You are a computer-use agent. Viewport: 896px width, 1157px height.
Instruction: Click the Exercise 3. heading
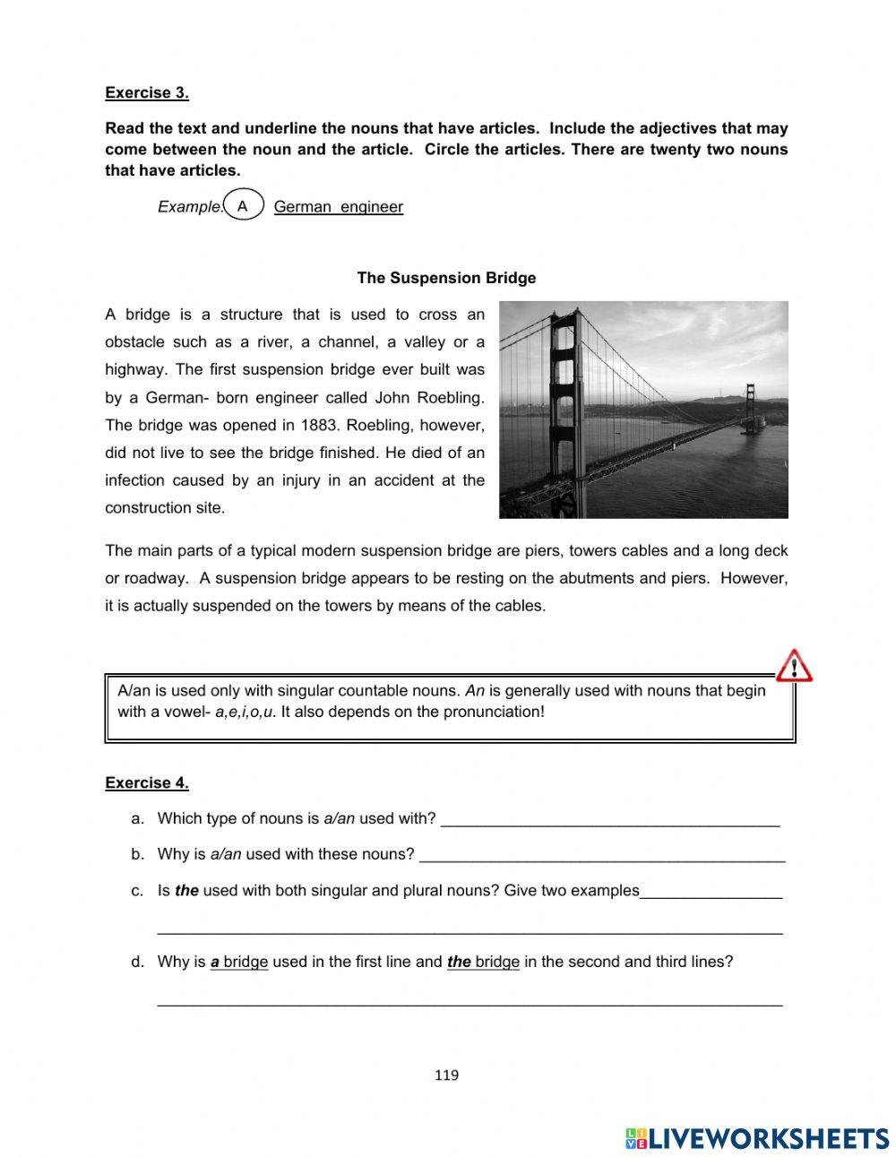coord(147,92)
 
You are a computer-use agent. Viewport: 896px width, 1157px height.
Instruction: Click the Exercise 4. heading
coord(147,782)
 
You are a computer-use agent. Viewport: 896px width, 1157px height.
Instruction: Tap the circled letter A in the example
coord(242,205)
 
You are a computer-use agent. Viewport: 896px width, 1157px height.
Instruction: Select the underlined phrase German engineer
coord(338,207)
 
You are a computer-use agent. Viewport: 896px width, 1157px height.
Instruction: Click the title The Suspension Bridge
coord(446,278)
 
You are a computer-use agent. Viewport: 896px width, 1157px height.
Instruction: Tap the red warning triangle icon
coord(793,666)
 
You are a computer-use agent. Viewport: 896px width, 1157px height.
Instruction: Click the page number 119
coord(446,1075)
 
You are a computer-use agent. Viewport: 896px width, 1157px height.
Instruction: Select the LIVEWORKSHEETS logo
coord(757,1137)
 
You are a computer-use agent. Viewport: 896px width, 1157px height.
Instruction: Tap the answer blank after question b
coord(601,856)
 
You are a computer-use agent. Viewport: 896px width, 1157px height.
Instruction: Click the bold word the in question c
coord(186,891)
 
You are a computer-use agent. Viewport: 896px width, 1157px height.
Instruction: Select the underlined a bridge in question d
coord(239,962)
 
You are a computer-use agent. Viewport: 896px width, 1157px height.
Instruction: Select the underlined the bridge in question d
coord(483,962)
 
